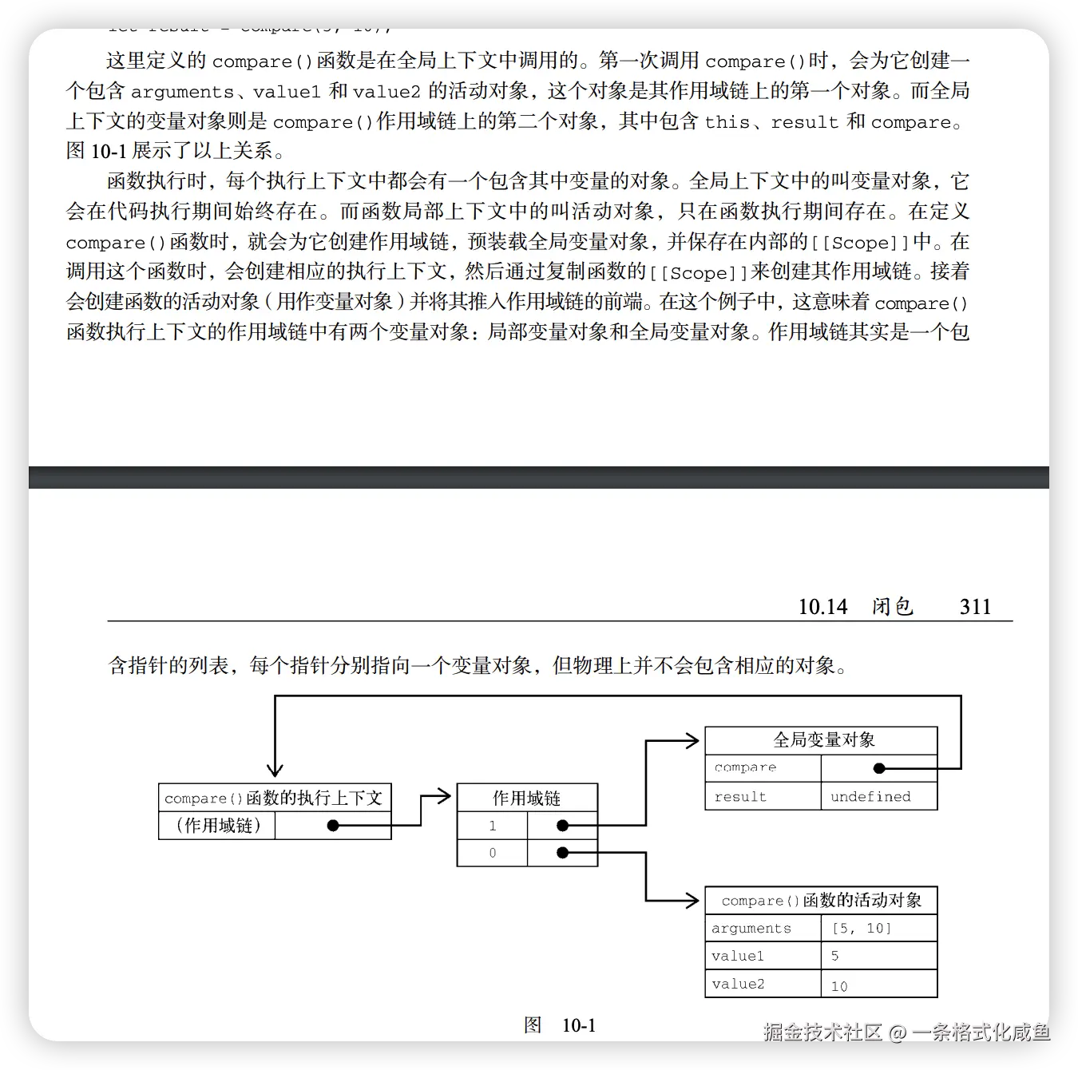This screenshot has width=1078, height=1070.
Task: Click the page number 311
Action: (x=975, y=607)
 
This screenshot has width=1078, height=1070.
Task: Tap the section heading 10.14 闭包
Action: (x=855, y=607)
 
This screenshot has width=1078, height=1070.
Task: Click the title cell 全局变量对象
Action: (x=823, y=740)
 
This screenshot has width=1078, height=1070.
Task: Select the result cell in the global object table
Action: (x=763, y=796)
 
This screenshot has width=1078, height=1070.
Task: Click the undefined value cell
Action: (x=878, y=796)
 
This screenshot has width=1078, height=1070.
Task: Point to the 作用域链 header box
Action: (x=527, y=798)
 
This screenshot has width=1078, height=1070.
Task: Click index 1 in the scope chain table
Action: (x=493, y=826)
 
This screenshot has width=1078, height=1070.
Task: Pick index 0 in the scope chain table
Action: (x=493, y=853)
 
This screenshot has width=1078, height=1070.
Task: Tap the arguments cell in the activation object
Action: (x=763, y=928)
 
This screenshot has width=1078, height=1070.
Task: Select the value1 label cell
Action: (x=763, y=956)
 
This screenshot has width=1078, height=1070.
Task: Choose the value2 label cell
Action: (x=763, y=984)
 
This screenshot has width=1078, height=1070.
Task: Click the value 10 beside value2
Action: (x=839, y=985)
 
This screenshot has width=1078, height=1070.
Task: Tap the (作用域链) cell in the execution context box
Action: (x=218, y=825)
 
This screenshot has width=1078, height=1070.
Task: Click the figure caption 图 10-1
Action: (x=559, y=1025)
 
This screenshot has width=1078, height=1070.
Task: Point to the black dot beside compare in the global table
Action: (x=879, y=768)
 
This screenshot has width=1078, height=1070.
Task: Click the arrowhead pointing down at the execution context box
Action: (x=275, y=770)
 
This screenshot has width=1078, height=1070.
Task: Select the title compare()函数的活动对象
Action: (x=821, y=901)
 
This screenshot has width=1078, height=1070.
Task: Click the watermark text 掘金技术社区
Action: (x=822, y=1032)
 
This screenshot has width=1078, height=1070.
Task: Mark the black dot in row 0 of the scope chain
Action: (x=562, y=853)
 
